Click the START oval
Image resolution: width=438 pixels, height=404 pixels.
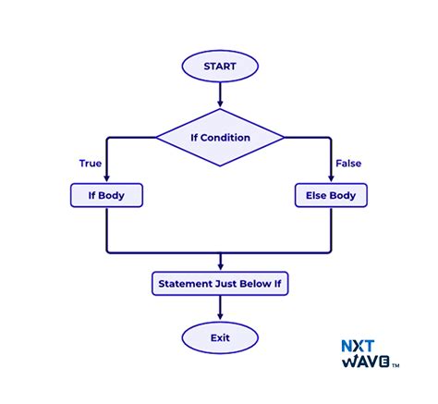click(219, 67)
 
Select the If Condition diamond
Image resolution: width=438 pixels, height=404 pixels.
click(219, 138)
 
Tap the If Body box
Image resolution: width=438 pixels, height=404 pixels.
click(107, 196)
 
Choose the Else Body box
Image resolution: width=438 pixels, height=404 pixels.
click(331, 196)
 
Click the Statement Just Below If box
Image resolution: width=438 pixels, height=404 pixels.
click(219, 282)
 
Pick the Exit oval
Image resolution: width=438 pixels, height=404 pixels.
click(219, 337)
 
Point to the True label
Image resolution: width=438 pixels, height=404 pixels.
click(90, 164)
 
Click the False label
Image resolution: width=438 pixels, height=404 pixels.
click(348, 164)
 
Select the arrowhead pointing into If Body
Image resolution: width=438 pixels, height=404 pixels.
click(107, 179)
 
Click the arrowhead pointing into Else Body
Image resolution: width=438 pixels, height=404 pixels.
click(331, 179)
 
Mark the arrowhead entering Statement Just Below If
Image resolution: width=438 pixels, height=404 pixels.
click(219, 265)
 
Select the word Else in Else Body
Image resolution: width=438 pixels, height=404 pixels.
click(315, 196)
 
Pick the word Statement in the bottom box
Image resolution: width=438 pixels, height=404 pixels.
click(185, 282)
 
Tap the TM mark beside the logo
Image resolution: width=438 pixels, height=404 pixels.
click(396, 367)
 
